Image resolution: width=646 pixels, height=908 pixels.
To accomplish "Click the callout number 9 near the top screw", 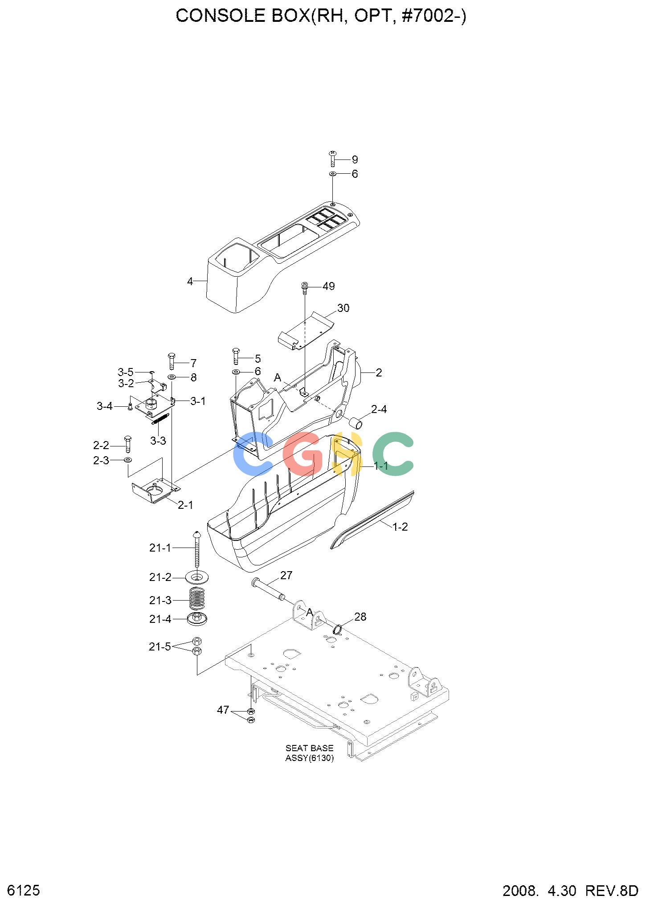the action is pos(355,160).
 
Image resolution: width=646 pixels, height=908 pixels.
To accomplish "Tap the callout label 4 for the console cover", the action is pos(190,282).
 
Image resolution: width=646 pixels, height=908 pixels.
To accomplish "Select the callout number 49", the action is pos(329,286).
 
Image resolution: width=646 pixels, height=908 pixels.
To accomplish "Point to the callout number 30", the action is pos(343,308).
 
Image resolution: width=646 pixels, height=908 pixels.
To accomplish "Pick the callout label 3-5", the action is pos(126,372).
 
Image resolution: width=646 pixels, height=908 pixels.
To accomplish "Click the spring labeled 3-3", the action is pos(159,418).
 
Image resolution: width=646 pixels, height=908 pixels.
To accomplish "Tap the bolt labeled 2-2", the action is pos(128,444).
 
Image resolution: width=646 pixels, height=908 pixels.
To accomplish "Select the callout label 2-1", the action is pos(185,505).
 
